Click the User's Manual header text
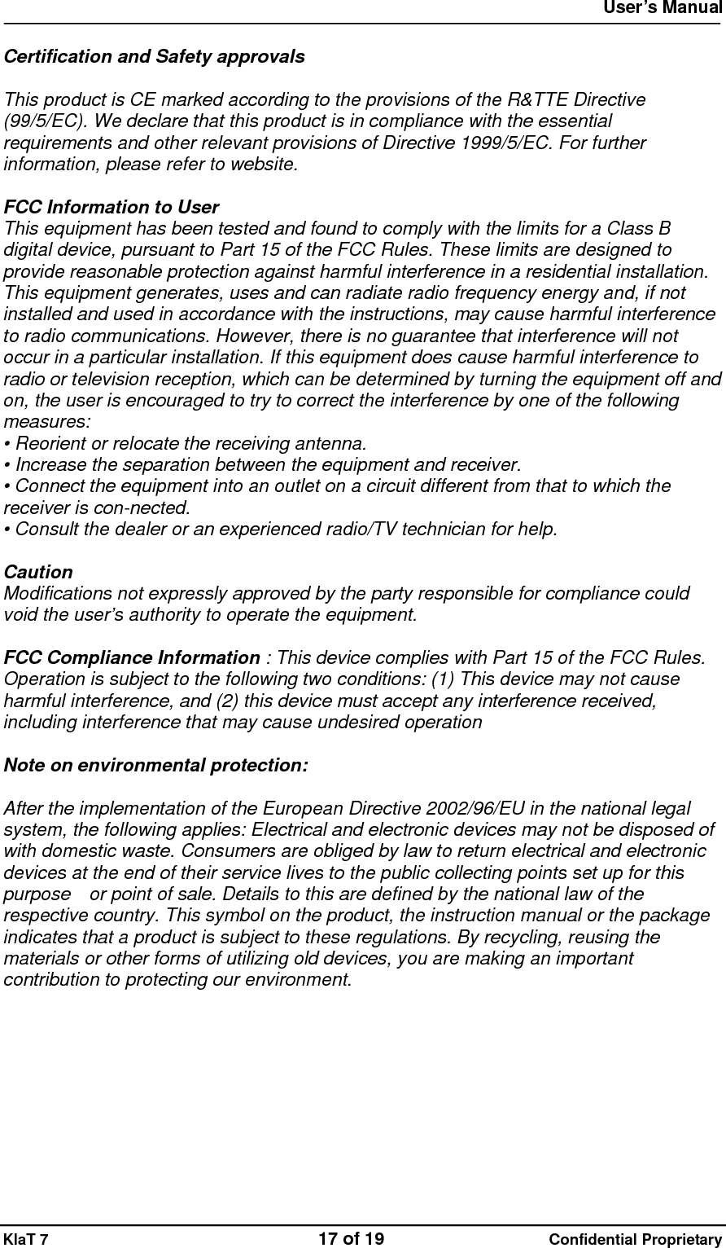[663, 9]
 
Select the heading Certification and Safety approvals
[155, 57]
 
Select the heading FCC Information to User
[112, 208]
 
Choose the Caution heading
[38, 573]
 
